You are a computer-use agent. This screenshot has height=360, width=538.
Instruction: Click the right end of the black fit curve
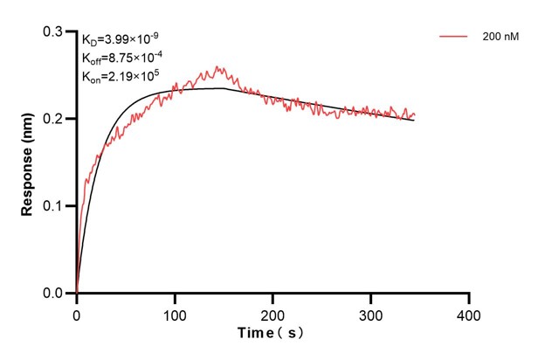(x=414, y=120)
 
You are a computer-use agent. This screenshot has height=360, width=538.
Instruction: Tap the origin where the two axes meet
(x=77, y=294)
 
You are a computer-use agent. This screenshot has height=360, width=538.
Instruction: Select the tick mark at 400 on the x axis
(x=469, y=298)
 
